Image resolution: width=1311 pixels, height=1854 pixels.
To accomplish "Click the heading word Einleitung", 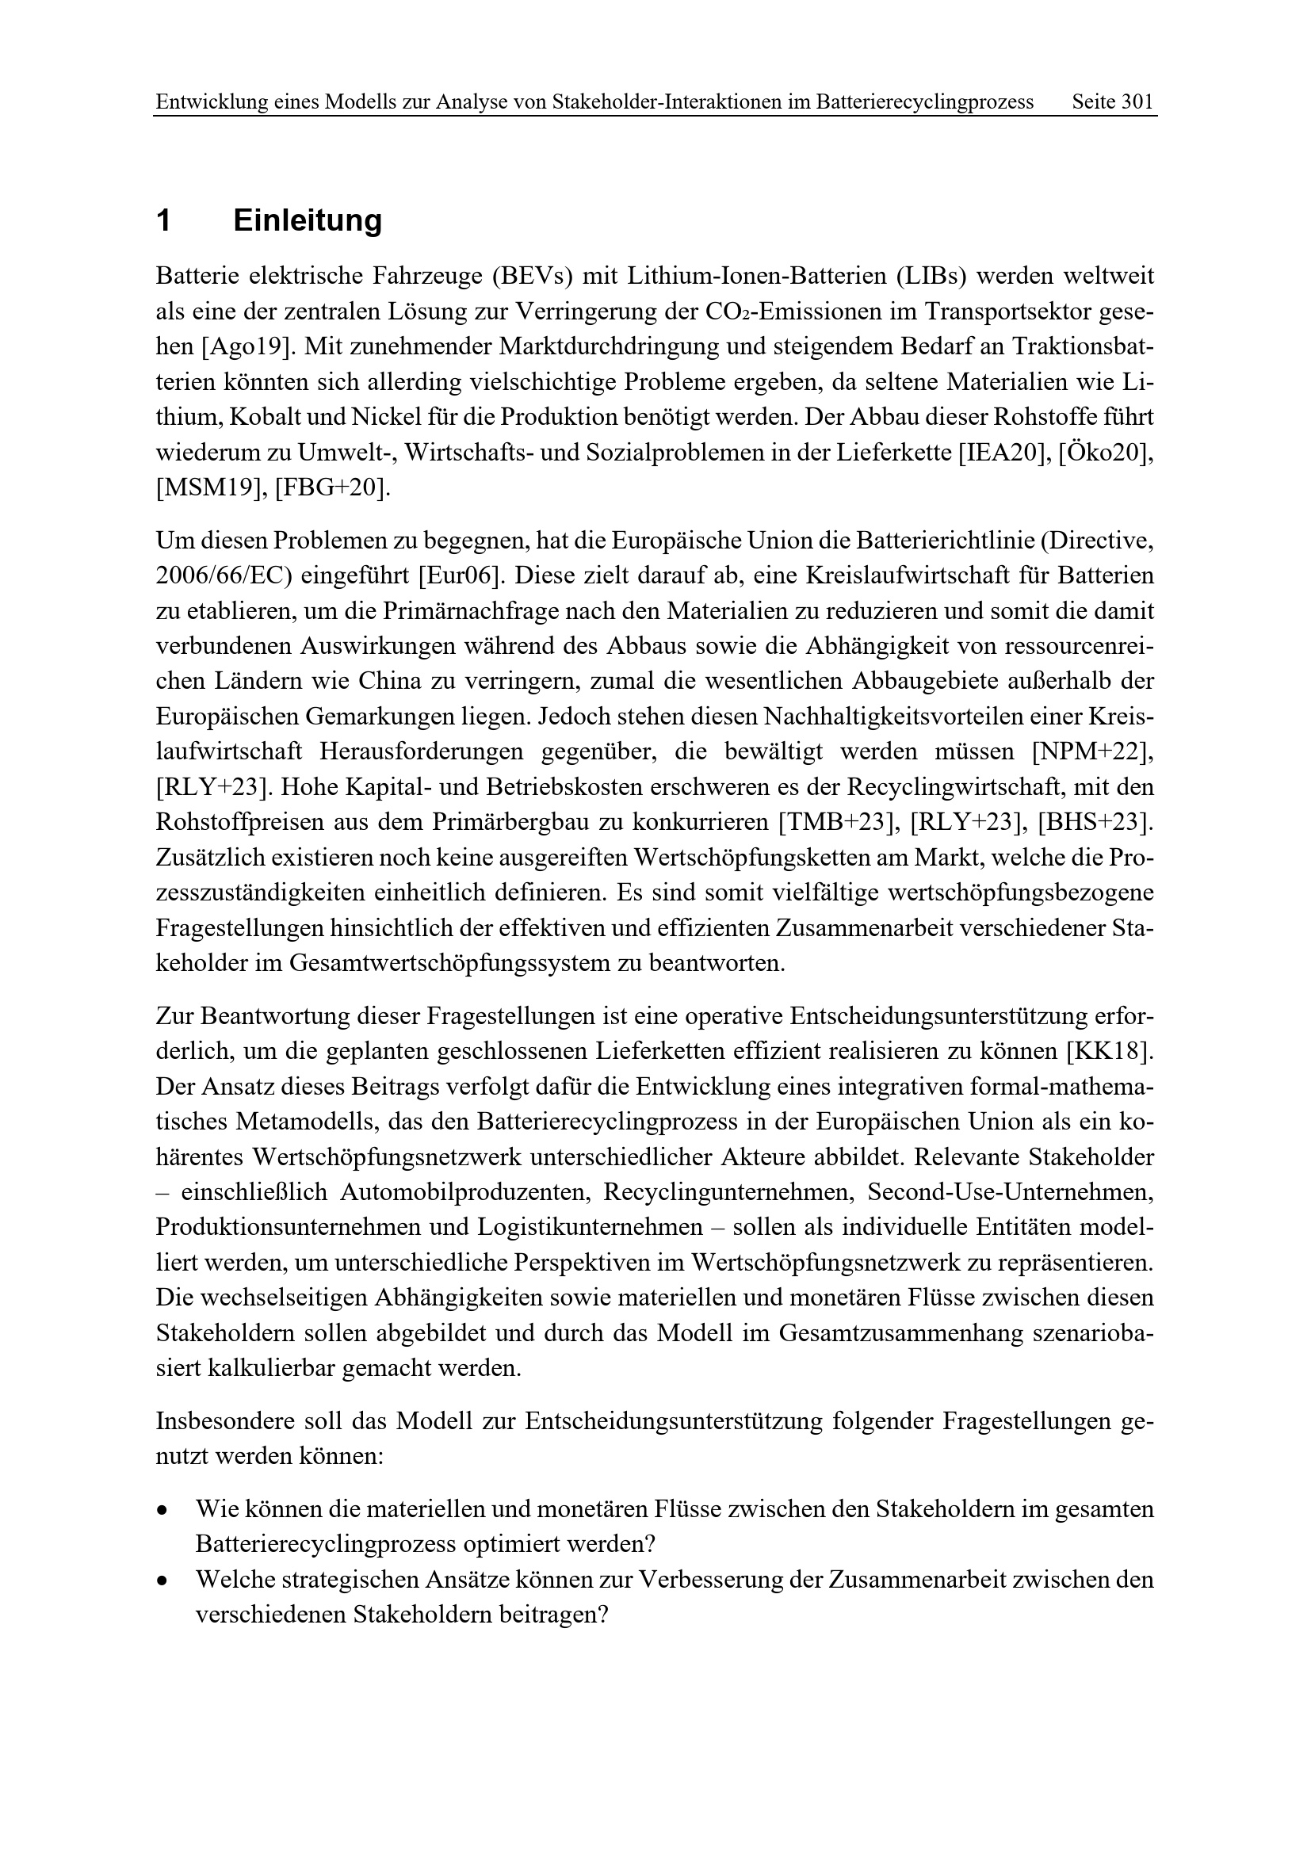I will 308,220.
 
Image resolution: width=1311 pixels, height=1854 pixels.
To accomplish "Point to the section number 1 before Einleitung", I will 164,220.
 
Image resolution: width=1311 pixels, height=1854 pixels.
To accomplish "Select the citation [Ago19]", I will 246,346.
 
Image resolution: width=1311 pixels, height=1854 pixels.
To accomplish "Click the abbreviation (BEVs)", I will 531,276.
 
